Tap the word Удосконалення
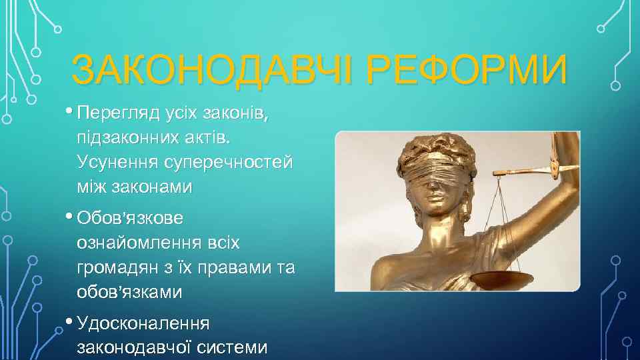point(143,323)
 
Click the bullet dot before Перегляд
point(70,111)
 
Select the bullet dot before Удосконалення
point(70,320)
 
